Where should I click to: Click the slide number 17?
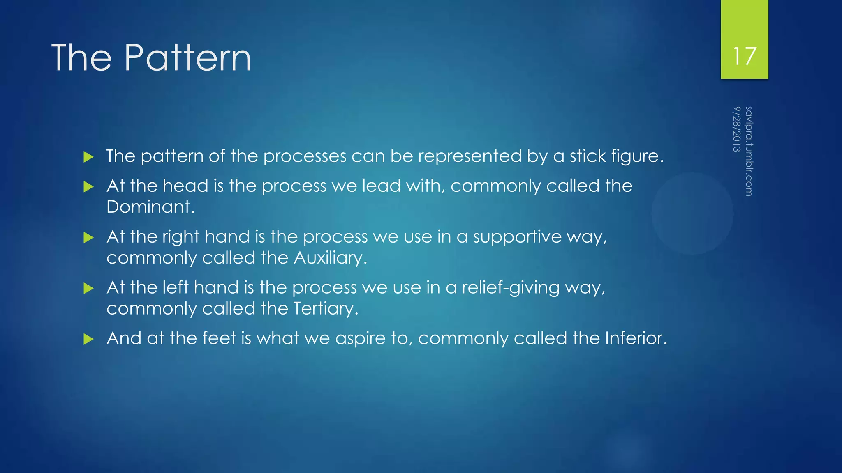745,56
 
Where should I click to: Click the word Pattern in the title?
187,58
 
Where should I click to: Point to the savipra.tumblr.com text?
749,151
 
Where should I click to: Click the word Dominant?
150,207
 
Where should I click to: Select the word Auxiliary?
330,258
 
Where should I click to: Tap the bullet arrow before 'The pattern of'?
88,157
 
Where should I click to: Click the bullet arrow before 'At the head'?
88,187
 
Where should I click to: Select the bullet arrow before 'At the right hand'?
88,238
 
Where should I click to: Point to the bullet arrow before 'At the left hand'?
88,288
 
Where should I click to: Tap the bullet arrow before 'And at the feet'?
88,339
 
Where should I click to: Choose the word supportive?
517,237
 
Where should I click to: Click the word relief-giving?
510,288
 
